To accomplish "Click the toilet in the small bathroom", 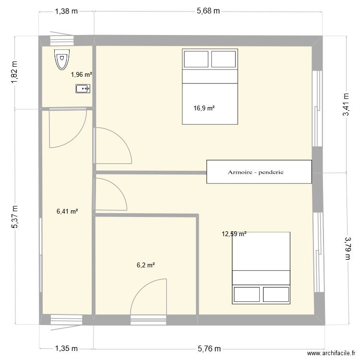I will click(61, 60).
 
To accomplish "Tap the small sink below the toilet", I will click(83, 88).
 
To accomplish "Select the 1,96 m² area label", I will click(82, 74).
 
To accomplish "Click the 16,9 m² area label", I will click(204, 108).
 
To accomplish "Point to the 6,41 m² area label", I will click(67, 211).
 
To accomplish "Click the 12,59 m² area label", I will click(234, 234).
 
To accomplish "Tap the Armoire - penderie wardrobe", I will click(259, 172).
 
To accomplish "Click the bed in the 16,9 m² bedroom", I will click(210, 86).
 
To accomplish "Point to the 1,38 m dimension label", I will click(66, 12).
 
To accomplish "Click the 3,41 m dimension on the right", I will click(345, 115).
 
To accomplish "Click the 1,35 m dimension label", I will click(66, 348).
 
